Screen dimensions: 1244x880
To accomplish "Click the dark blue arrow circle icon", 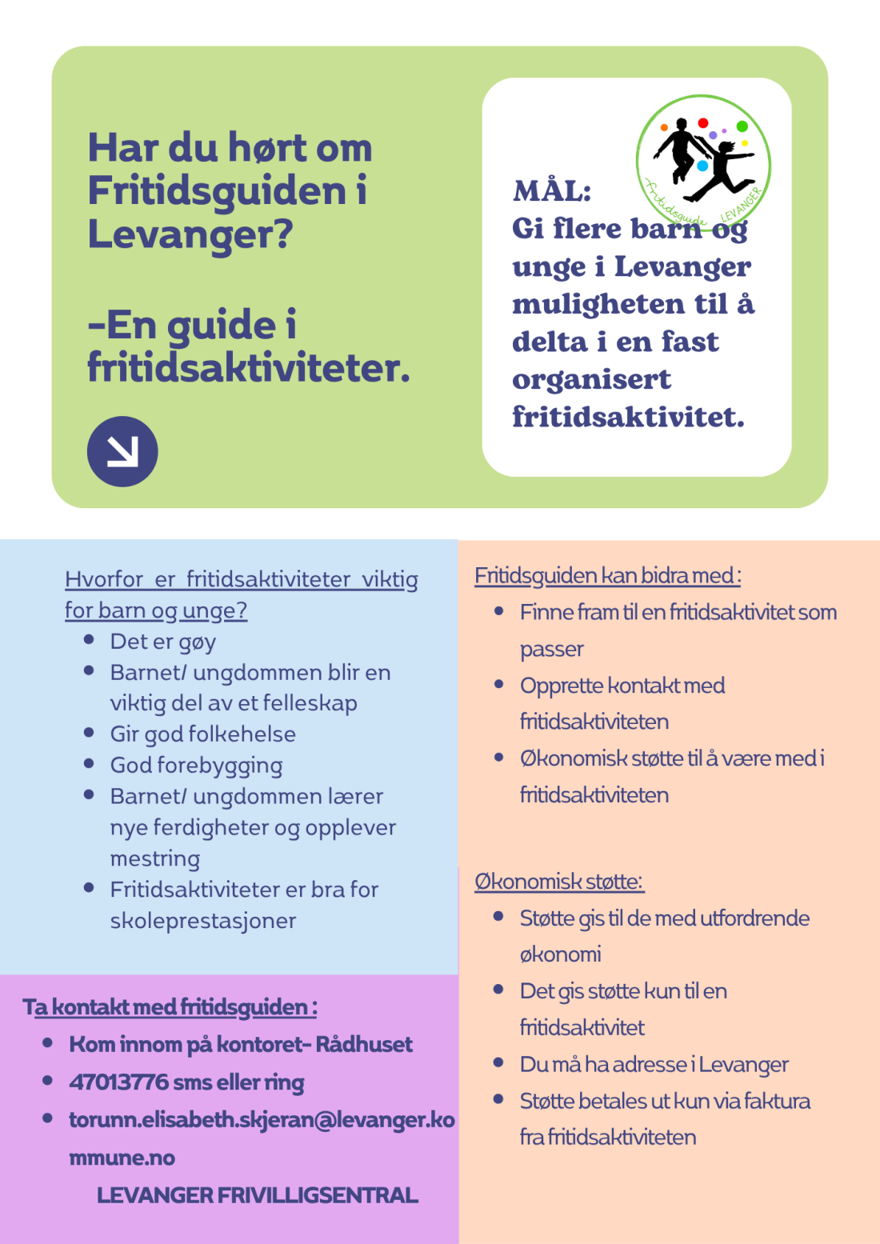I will click(122, 451).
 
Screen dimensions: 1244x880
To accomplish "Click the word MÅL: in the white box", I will click(552, 191).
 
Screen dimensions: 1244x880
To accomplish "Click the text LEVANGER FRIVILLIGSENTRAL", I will click(258, 1195).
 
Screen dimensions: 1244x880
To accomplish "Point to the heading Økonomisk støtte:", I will click(559, 882).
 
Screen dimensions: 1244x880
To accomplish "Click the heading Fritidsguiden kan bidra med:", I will click(608, 575).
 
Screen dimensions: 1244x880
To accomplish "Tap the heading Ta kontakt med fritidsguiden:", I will click(170, 1006).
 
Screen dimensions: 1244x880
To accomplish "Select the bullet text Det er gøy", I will click(163, 642).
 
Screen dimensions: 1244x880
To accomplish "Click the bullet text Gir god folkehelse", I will click(203, 734).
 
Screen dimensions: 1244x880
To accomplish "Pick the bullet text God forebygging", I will click(197, 766).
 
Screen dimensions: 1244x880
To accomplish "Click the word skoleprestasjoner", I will click(203, 921).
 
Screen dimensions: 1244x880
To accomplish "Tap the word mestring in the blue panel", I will click(155, 858).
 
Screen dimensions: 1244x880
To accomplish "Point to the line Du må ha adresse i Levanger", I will click(654, 1064).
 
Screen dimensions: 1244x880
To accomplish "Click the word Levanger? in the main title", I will click(190, 234).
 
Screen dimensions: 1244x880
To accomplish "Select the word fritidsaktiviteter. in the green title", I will click(249, 367).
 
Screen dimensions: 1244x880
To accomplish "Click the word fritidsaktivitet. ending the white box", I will click(628, 417).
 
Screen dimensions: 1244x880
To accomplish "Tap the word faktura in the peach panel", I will click(777, 1101).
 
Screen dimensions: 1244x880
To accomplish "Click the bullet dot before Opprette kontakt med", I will click(499, 685).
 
